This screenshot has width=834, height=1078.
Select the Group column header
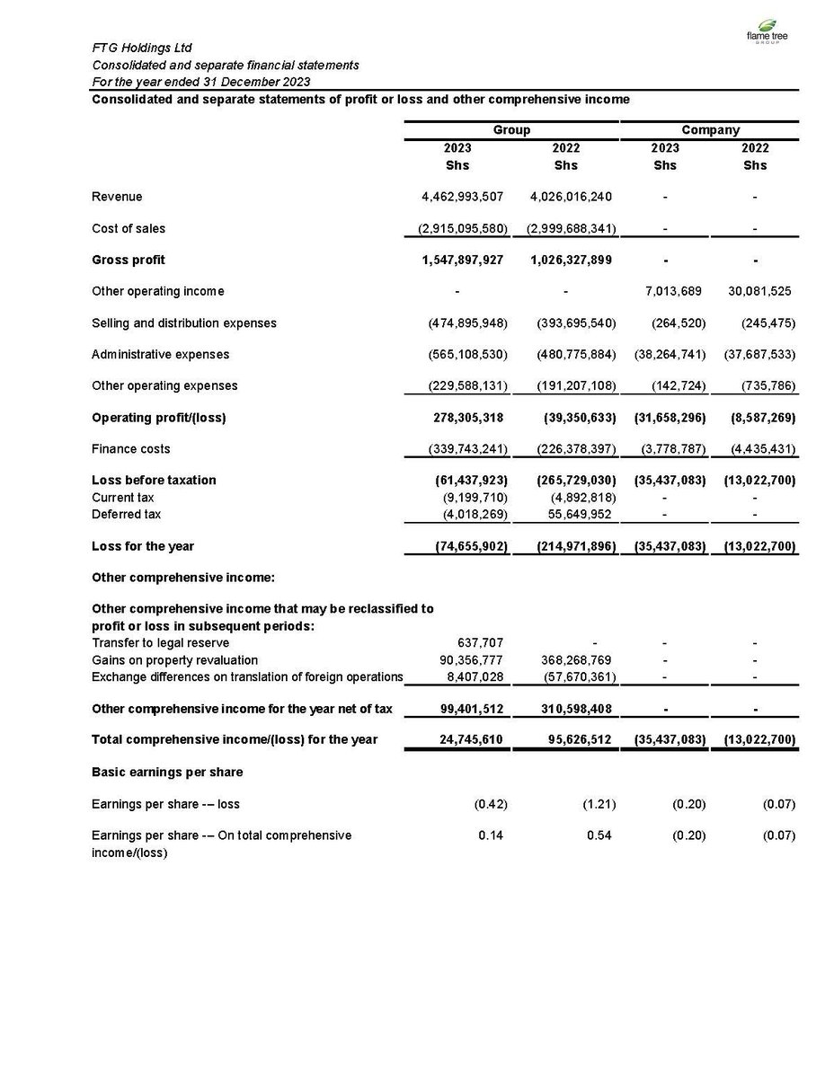tap(511, 130)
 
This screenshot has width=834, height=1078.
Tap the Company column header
tap(710, 130)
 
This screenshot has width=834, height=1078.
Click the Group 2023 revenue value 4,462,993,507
tap(463, 197)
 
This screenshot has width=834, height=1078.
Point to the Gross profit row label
tap(129, 260)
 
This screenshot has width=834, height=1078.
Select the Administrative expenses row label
tap(160, 354)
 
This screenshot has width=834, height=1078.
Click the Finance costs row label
tap(130, 448)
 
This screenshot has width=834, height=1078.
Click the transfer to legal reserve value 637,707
tap(481, 642)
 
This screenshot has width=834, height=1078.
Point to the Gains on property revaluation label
tap(174, 659)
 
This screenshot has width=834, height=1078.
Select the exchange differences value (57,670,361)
tap(572, 676)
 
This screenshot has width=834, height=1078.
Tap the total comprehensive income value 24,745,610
tap(466, 739)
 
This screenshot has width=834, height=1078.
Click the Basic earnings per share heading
tap(167, 772)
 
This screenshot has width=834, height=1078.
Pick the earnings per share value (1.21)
tap(598, 804)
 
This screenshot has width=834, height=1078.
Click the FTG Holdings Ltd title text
tap(142, 48)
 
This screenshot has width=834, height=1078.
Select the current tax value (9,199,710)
tap(472, 497)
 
